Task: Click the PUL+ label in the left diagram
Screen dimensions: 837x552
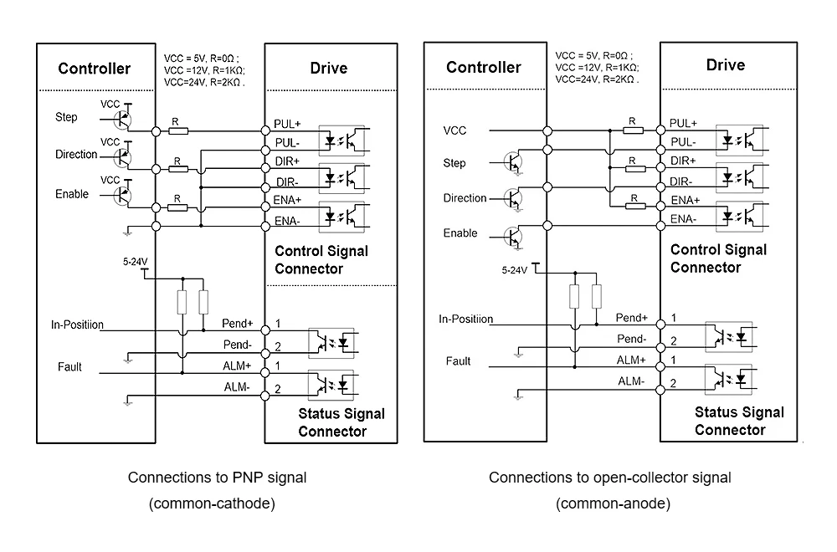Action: point(287,124)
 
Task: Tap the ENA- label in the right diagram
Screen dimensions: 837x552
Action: point(683,218)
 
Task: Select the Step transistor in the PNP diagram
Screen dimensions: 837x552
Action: point(122,120)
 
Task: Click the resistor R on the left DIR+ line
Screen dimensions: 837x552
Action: point(178,169)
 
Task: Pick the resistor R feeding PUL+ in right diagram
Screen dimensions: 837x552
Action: point(633,130)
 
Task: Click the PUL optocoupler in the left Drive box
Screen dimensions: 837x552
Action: point(341,141)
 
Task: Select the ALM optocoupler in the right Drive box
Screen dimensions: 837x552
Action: point(729,379)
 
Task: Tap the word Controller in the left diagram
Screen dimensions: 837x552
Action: point(95,69)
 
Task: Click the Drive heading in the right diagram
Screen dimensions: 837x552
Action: point(726,65)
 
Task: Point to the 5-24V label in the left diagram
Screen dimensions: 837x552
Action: point(135,261)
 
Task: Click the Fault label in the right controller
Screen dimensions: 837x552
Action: point(458,361)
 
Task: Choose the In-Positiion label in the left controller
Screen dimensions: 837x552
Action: point(77,325)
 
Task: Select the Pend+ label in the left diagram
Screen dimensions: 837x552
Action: point(238,323)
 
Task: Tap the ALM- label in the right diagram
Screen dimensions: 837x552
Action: point(631,381)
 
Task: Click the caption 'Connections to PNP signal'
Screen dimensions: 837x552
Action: point(218,478)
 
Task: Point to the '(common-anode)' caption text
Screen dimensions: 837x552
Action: point(613,503)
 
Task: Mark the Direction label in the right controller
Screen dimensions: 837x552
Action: point(465,198)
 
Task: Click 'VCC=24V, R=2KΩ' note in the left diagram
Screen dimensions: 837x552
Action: point(204,82)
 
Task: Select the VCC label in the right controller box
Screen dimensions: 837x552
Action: point(454,130)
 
